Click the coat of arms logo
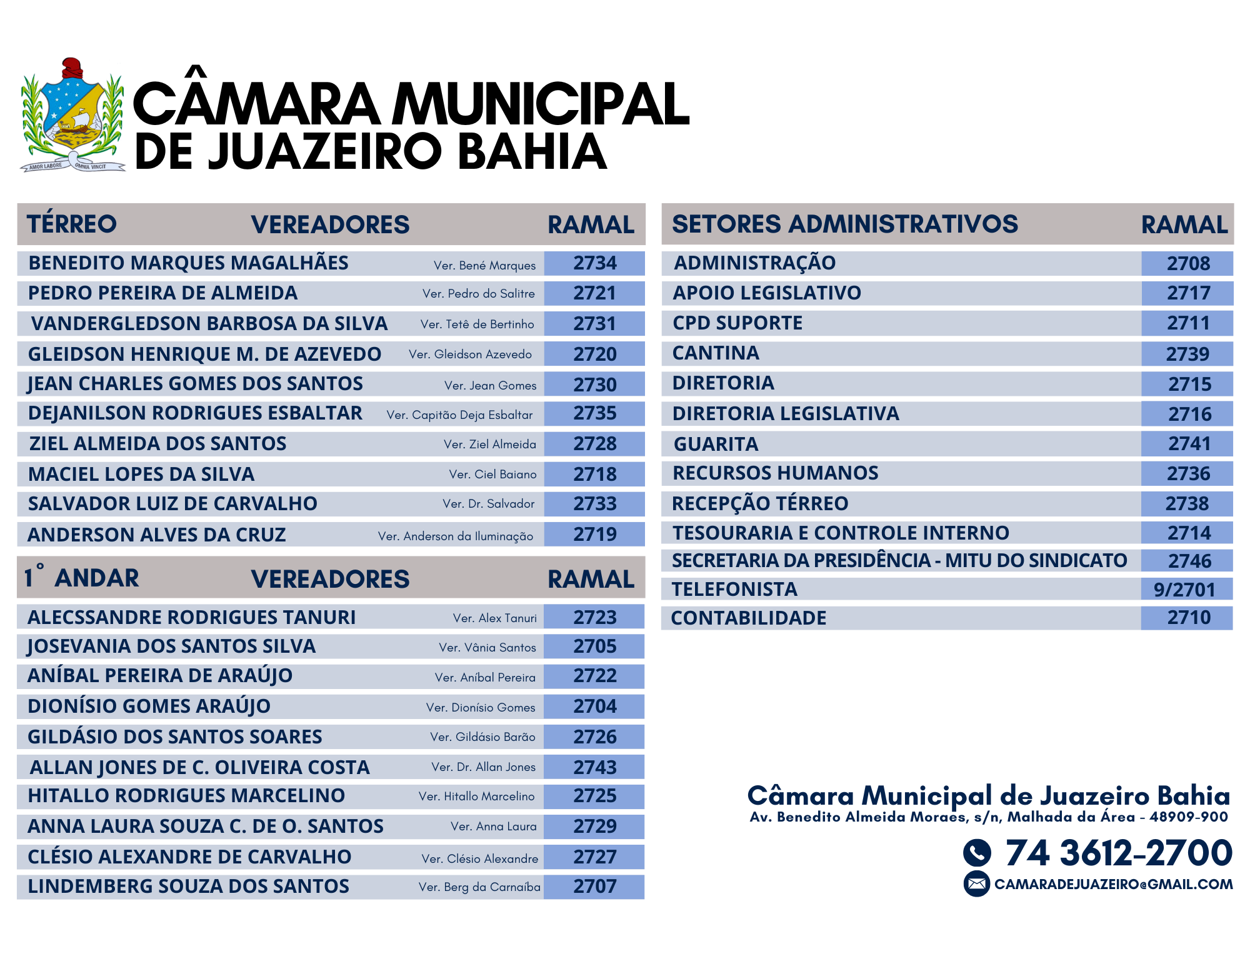(72, 116)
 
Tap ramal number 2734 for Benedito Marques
(594, 263)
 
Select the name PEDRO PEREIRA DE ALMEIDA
(162, 293)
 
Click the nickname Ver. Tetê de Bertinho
(477, 324)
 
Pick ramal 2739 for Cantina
(1187, 354)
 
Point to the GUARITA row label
(716, 444)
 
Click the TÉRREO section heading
(72, 224)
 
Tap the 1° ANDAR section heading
(82, 578)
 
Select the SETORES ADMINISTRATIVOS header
(844, 224)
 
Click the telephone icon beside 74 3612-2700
(977, 852)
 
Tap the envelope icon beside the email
(976, 883)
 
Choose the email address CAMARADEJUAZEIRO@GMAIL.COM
(1113, 884)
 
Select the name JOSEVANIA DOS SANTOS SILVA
(171, 646)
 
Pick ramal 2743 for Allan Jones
(594, 767)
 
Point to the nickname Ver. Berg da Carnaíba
(479, 887)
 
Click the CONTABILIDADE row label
(748, 618)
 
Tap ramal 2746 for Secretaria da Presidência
(1189, 561)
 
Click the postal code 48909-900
(1188, 817)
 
